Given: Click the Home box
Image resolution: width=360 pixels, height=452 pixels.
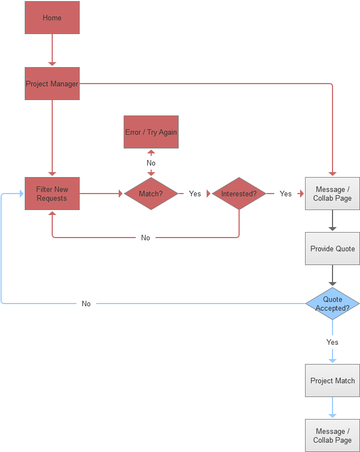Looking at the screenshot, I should tap(52, 18).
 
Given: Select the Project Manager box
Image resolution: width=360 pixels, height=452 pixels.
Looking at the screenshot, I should tap(52, 84).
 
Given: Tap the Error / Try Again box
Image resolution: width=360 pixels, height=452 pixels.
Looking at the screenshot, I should tap(151, 132).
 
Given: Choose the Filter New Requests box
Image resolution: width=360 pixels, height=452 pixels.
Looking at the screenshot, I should tap(52, 194).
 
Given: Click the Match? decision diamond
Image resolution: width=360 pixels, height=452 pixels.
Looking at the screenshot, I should tap(151, 194).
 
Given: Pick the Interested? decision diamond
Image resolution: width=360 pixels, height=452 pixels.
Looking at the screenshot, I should tap(239, 194).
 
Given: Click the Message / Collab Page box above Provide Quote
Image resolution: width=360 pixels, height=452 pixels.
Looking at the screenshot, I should tap(333, 194).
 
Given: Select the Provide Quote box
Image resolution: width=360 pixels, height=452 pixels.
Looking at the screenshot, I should tap(333, 249).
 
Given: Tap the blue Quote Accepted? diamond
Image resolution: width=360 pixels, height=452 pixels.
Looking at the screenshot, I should tap(333, 304).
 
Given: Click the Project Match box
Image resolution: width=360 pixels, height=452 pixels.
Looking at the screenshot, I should tap(333, 381).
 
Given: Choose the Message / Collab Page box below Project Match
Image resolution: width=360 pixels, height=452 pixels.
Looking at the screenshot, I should tap(333, 436).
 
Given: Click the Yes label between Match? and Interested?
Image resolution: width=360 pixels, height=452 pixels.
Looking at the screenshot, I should tap(195, 194).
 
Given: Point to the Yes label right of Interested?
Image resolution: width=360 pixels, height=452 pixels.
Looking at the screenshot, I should tap(286, 194).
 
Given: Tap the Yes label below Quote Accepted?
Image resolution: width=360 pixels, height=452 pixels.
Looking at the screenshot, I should tap(333, 342).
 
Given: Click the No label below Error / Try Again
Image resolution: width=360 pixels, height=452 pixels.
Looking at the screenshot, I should tap(151, 163).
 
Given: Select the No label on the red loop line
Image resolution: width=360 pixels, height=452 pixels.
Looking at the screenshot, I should tap(146, 238).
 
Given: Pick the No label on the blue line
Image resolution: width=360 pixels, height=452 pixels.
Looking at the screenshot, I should tap(86, 304).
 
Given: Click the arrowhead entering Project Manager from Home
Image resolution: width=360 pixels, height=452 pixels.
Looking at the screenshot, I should tap(52, 64).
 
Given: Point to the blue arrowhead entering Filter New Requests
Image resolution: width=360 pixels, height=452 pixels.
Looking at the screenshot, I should tap(21, 194).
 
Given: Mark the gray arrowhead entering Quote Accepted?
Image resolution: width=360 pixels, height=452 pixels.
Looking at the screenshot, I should tap(333, 284).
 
